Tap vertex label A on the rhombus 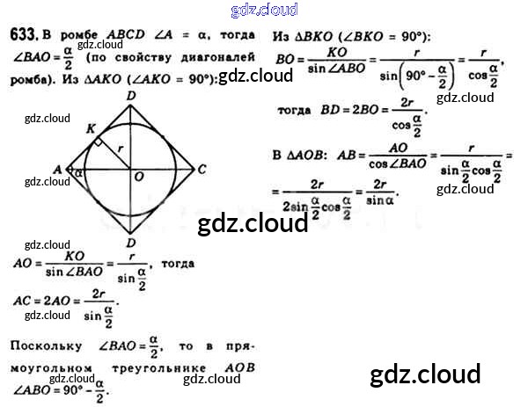(x=57, y=168)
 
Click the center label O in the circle (x=138, y=178)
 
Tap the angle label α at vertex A (x=77, y=173)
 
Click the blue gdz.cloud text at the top (x=264, y=10)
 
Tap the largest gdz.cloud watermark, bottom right (x=426, y=374)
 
